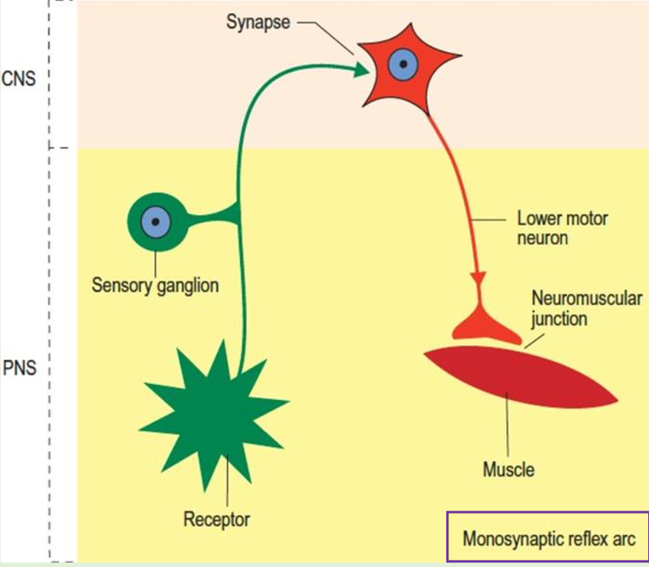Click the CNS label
point(19,78)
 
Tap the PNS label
point(19,367)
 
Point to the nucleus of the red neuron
point(402,64)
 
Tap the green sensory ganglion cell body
point(157,220)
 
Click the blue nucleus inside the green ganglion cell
point(156,220)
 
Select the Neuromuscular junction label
point(586,309)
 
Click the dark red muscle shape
point(520,378)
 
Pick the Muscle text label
point(509,469)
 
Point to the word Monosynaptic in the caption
point(511,539)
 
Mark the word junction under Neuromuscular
point(559,319)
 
